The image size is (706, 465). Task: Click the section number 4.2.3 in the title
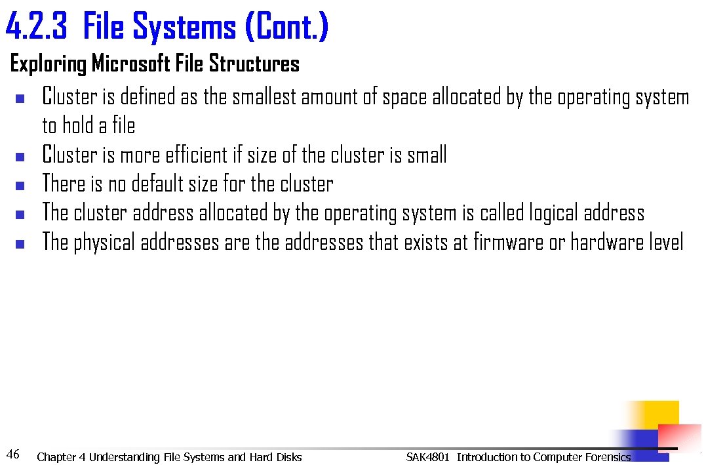[37, 27]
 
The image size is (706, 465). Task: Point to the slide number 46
[12, 453]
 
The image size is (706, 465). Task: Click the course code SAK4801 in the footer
[428, 457]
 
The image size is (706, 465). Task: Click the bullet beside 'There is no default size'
[20, 185]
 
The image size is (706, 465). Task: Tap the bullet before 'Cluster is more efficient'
[20, 157]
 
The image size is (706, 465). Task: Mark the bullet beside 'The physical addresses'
[20, 244]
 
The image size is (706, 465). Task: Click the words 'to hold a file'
[88, 125]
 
